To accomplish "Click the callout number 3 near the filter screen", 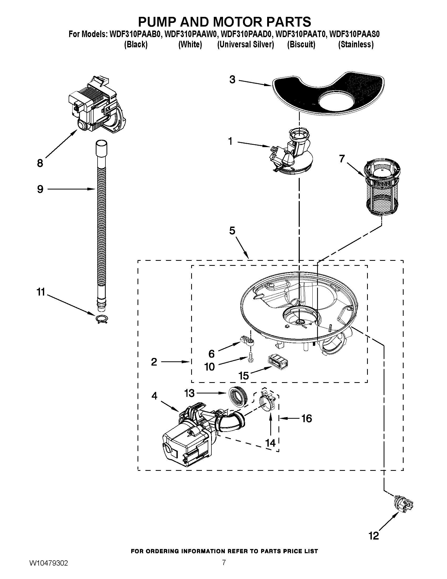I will pos(232,79).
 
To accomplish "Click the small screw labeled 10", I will pos(250,358).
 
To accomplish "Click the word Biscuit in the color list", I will pos(301,44).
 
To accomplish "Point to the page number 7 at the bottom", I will pos(224,568).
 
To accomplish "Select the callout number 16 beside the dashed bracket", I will pos(307,418).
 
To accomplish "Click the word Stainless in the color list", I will pos(356,44).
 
